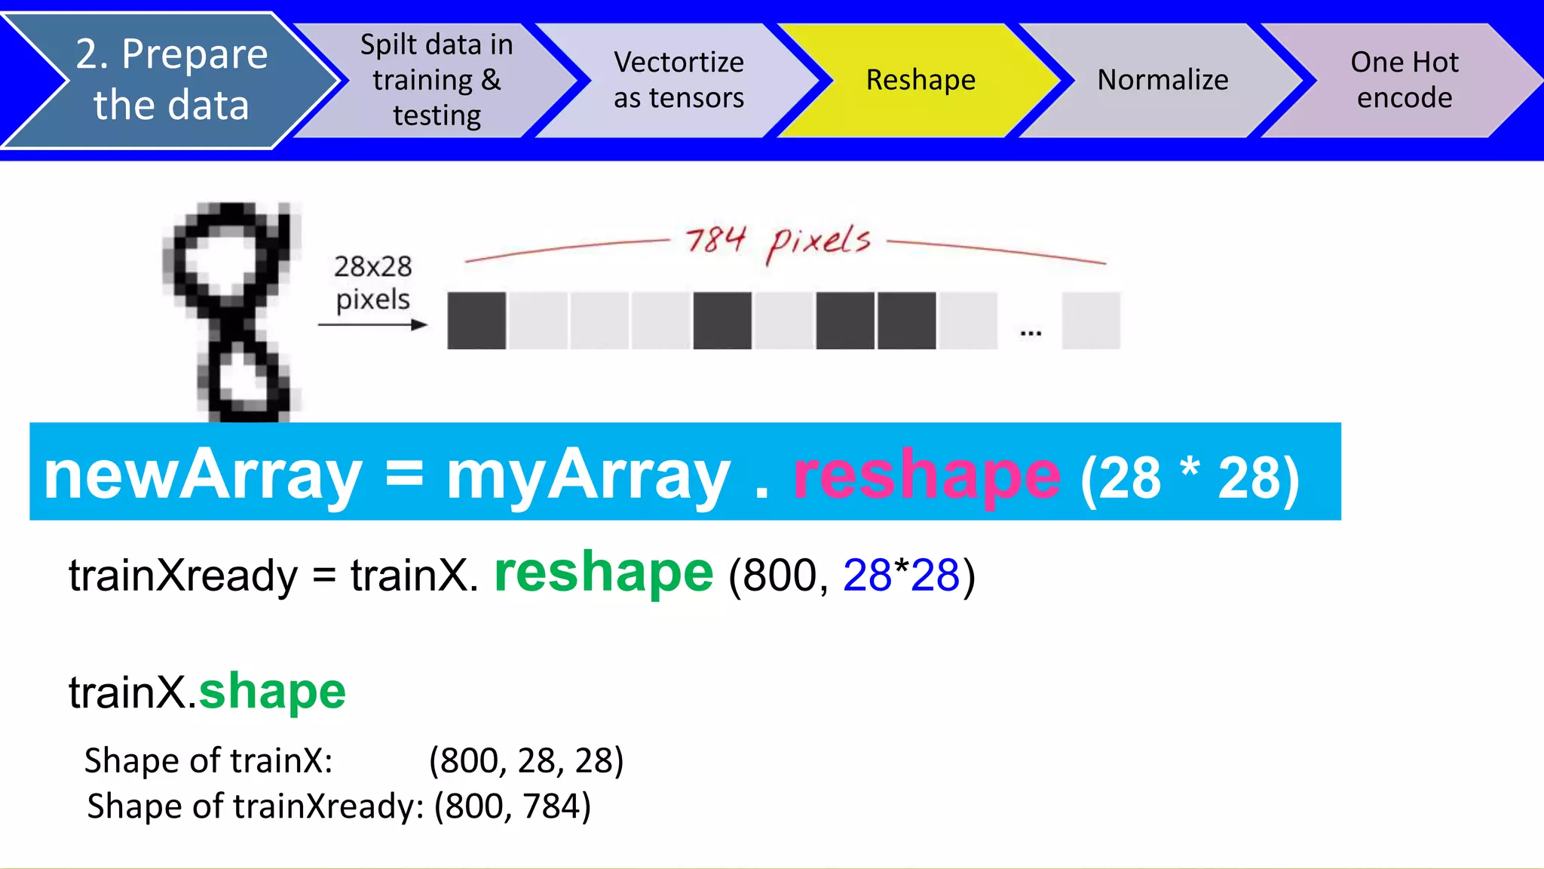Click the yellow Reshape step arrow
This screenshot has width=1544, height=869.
point(921,80)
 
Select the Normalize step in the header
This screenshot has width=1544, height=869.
point(1163,80)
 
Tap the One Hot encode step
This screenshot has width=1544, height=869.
point(1404,80)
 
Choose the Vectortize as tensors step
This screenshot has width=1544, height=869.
point(679,80)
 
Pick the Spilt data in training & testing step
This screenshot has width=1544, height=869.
point(437,80)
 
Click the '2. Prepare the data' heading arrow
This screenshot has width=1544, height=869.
point(171,80)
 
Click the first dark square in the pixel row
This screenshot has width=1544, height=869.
point(476,321)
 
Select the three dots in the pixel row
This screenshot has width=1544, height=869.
point(1031,332)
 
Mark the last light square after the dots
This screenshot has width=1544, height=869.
point(1091,321)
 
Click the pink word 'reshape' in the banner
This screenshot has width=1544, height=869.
point(927,475)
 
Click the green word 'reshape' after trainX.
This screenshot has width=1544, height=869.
point(603,573)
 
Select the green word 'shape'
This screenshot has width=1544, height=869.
point(272,691)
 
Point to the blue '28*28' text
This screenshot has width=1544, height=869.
point(901,575)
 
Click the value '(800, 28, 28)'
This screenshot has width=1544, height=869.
point(526,760)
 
